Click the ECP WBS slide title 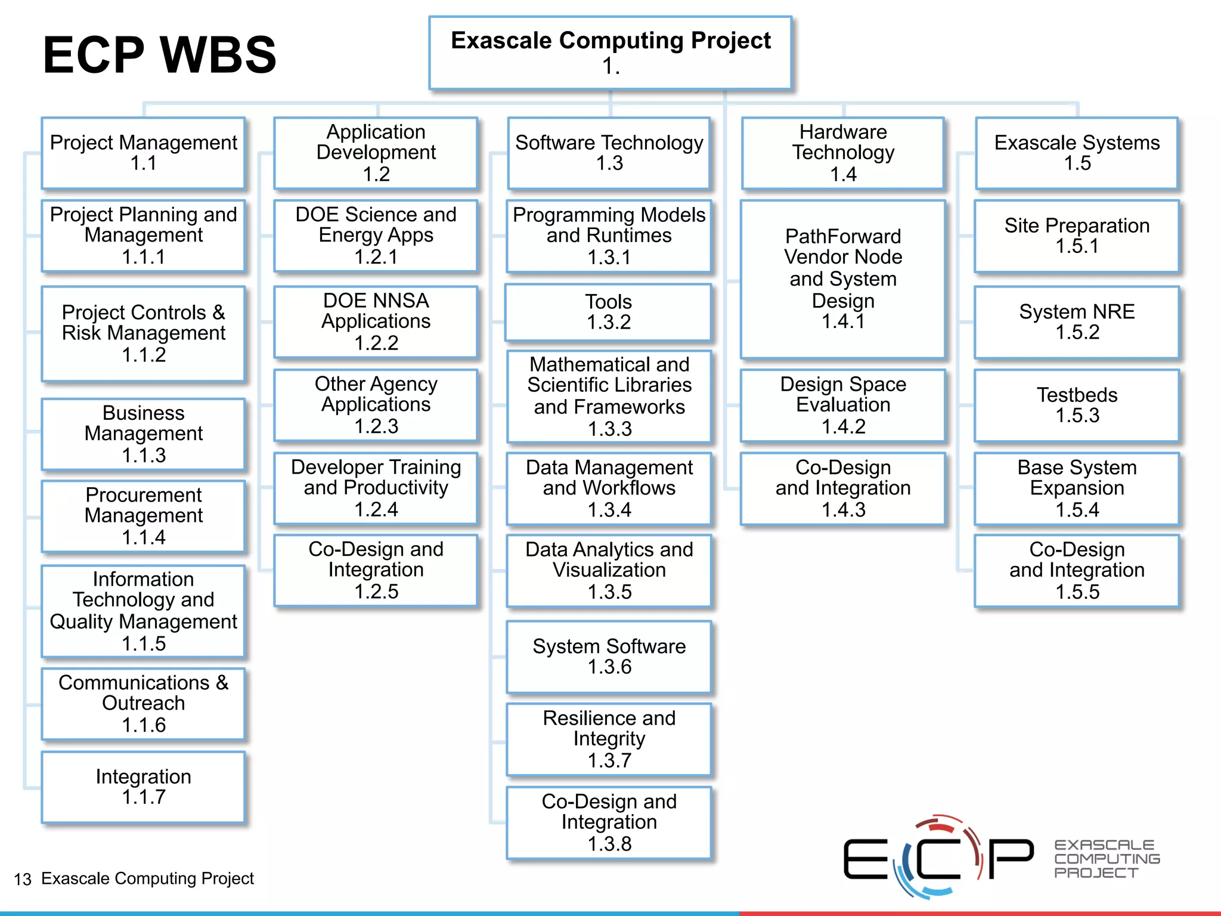tap(160, 55)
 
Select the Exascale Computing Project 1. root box tap(610, 53)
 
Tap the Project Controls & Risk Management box tap(143, 333)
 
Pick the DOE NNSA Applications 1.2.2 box tap(376, 321)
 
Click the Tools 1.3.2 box tap(608, 312)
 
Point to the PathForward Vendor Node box tap(842, 278)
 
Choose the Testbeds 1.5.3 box tap(1077, 405)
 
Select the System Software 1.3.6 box tap(609, 657)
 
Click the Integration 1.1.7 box tap(143, 787)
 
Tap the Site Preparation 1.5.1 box tap(1077, 236)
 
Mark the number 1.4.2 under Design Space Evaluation tap(843, 426)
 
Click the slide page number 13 tap(23, 879)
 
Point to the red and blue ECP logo tap(939, 857)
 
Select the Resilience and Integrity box tap(609, 739)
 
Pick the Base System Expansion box tap(1077, 488)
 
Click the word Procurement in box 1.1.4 tap(144, 495)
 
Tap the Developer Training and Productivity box tap(376, 488)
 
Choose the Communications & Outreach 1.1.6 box tap(143, 704)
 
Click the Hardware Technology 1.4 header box tap(843, 153)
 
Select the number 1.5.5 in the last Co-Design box tap(1077, 592)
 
